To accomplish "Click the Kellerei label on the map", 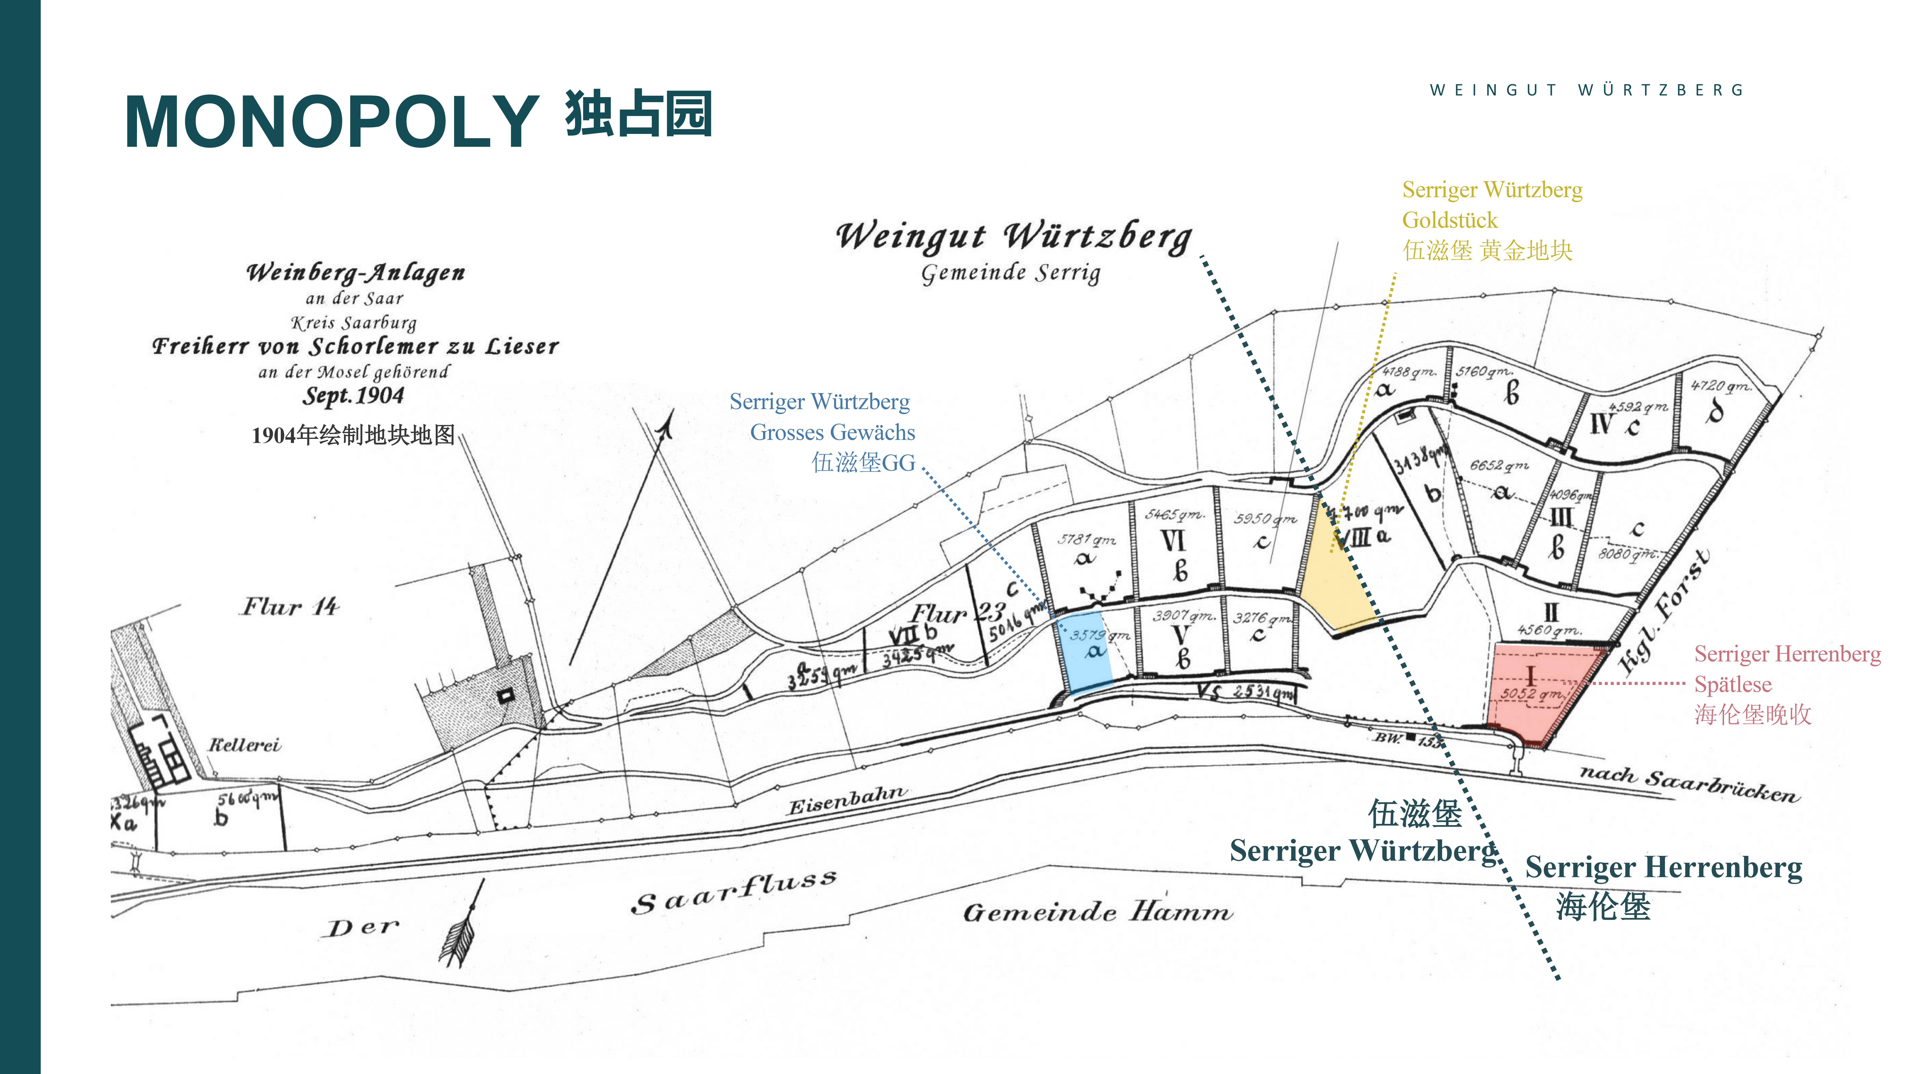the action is pyautogui.click(x=244, y=745).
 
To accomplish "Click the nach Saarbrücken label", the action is pyautogui.click(x=1688, y=784).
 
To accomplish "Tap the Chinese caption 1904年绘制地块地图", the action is pyautogui.click(x=353, y=435).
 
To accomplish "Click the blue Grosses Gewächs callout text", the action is pyautogui.click(x=832, y=432).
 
